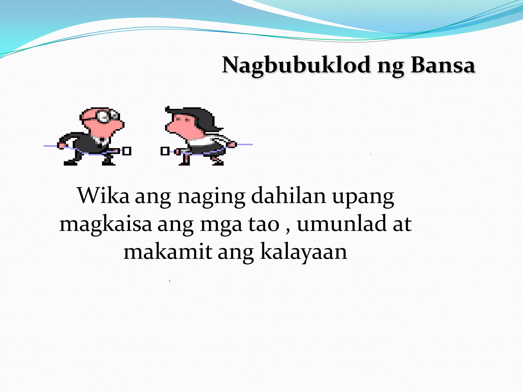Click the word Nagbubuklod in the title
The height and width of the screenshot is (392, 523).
click(x=296, y=65)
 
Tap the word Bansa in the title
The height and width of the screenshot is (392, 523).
click(x=443, y=65)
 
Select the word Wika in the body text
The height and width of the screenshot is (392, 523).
click(x=103, y=196)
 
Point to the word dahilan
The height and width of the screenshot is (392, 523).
click(x=288, y=196)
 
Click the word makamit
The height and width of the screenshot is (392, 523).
click(x=168, y=252)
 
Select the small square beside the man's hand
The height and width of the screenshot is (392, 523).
click(x=127, y=151)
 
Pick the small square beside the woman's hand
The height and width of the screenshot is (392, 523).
click(x=165, y=151)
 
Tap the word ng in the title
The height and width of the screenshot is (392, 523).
click(x=390, y=66)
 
